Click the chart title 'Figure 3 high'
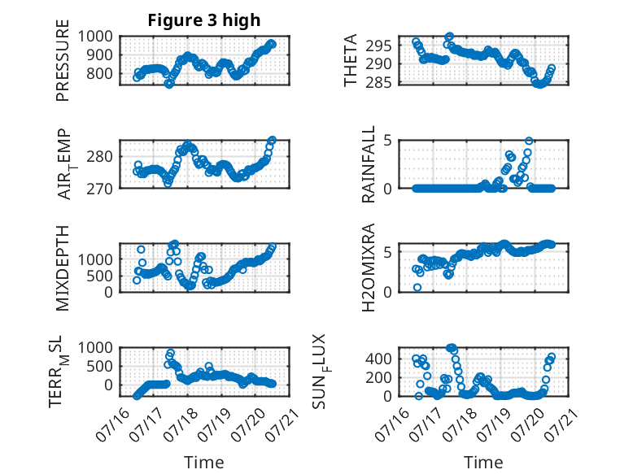[x=204, y=20]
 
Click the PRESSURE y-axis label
[x=63, y=60]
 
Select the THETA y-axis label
[x=351, y=60]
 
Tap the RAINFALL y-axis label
[x=369, y=164]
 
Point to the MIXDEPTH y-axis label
[x=63, y=267]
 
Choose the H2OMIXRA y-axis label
[x=369, y=267]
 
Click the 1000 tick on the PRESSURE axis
[x=95, y=37]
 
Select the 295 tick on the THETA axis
[x=378, y=46]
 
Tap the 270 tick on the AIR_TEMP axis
[x=99, y=189]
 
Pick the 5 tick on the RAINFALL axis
[x=387, y=141]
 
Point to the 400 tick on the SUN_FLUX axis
[x=378, y=359]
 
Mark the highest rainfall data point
[x=529, y=141]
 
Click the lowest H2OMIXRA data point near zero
[x=417, y=287]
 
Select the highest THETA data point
[x=449, y=37]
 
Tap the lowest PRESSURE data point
[x=168, y=84]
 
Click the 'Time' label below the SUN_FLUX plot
[x=483, y=463]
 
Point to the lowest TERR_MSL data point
[x=137, y=396]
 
